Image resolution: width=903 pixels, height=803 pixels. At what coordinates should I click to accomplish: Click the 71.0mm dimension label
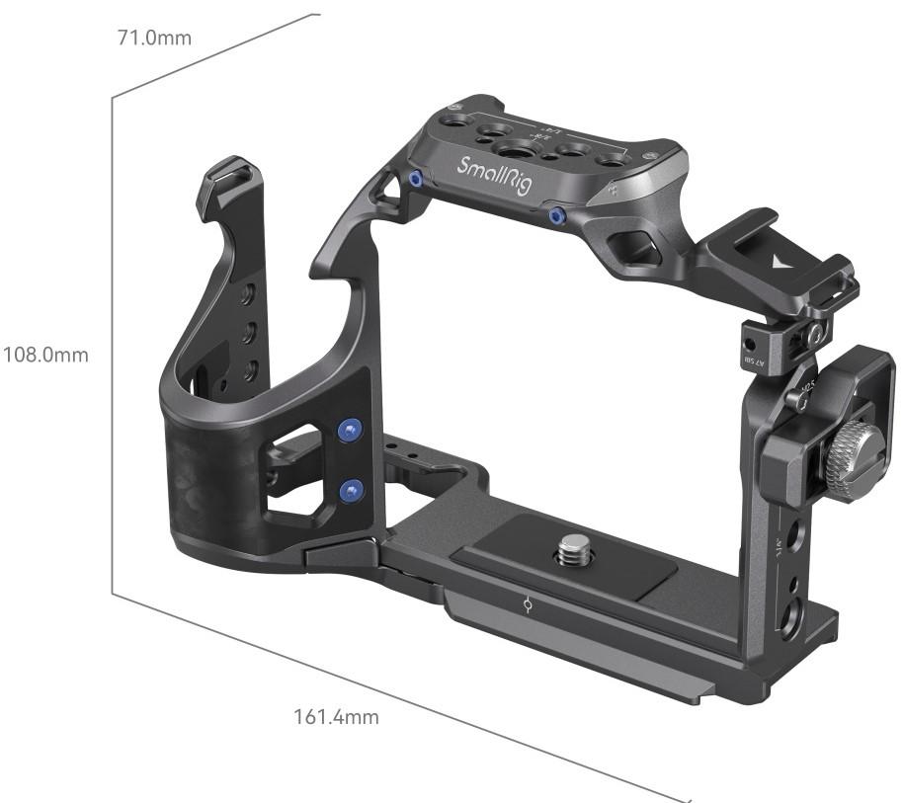[153, 39]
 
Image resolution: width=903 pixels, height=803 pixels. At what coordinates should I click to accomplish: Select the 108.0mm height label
[45, 354]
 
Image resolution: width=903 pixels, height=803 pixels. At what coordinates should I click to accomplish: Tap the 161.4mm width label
[336, 717]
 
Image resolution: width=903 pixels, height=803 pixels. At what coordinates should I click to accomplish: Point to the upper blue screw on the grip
[347, 429]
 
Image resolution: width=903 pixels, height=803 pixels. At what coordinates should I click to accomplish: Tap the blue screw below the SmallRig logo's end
[556, 214]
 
